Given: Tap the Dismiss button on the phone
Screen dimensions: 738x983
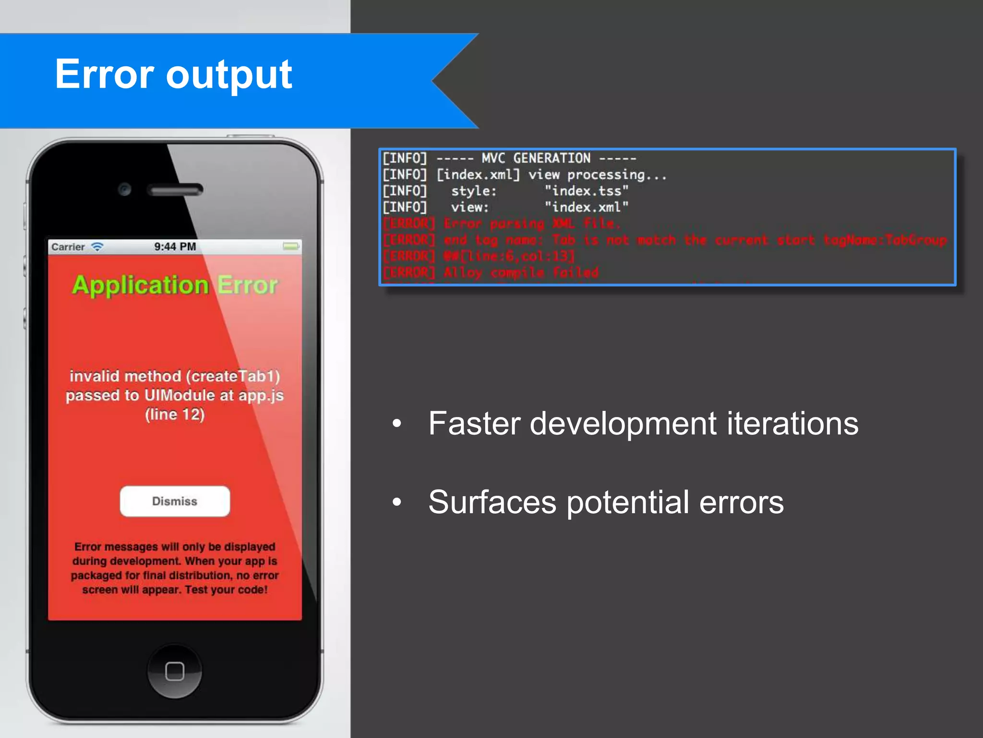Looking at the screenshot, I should pos(175,501).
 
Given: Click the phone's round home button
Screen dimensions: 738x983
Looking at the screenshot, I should pos(175,671).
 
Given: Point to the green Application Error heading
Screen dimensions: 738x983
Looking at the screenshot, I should pos(175,285).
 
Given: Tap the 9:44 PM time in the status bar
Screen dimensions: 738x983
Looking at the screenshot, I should pos(175,246).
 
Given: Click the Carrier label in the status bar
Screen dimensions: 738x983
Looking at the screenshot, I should pos(68,247).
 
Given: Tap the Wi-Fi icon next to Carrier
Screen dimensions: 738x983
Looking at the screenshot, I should pos(97,246).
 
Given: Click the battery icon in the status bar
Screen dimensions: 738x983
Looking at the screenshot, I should pos(290,246).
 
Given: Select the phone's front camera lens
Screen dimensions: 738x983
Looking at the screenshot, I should pos(124,189).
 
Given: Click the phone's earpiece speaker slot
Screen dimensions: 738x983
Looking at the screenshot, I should pos(175,190).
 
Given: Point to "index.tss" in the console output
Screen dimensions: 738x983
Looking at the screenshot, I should pos(586,191).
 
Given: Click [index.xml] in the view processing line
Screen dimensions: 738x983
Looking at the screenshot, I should pos(478,174).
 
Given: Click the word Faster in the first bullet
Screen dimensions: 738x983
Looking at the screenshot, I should pos(474,423).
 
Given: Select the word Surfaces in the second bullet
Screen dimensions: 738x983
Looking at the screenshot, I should pos(492,502).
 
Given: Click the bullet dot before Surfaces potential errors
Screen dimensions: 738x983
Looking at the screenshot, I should pos(396,502).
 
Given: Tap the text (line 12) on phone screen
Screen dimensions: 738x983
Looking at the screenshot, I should pos(175,414).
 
